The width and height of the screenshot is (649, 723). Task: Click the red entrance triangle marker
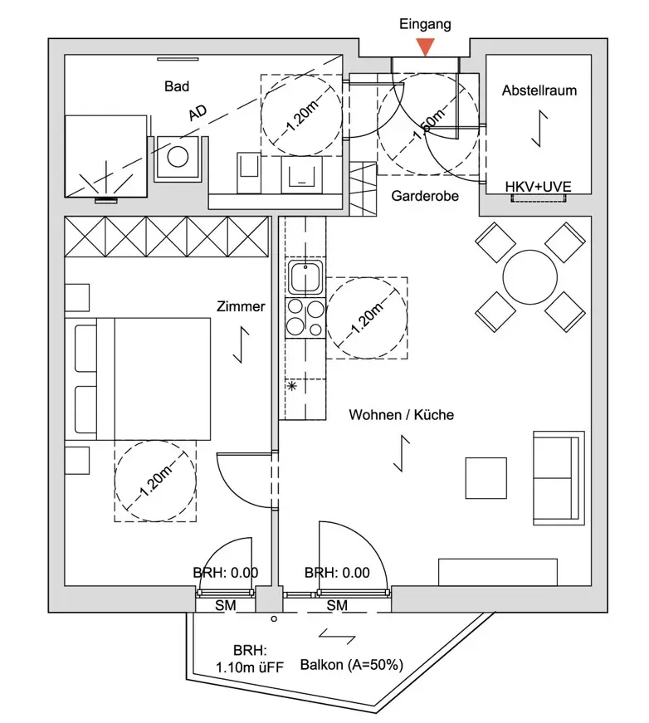[x=425, y=46]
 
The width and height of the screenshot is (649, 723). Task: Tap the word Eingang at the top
[x=425, y=24]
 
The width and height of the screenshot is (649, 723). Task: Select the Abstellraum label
[x=539, y=90]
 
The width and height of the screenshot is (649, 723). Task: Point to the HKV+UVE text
[x=539, y=188]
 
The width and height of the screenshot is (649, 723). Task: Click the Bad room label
[x=177, y=86]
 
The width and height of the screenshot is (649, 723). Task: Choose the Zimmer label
[x=242, y=306]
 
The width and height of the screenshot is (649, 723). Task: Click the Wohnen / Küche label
[x=401, y=414]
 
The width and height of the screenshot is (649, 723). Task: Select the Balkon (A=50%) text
[x=352, y=665]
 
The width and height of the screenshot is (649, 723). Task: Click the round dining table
[x=530, y=276]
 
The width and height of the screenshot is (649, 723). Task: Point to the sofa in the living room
[x=558, y=478]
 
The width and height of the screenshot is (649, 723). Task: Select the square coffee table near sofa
[x=486, y=478]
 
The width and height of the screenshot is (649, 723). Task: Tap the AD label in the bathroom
[x=198, y=114]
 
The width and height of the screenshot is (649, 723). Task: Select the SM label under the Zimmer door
[x=225, y=606]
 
